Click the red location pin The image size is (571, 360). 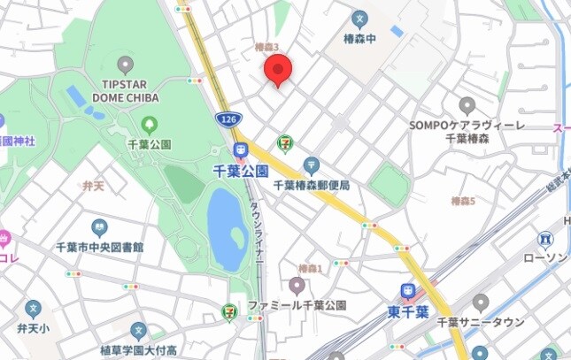[x=279, y=69]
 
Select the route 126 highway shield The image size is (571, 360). [x=226, y=119]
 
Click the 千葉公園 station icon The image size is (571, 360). [x=240, y=150]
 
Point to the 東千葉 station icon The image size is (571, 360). [x=408, y=290]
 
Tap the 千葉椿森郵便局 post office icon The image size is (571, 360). [x=311, y=165]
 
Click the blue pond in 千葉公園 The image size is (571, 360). [x=227, y=229]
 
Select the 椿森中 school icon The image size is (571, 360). [x=359, y=18]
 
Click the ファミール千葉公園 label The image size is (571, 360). [x=297, y=305]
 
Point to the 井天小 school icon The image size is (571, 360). [x=34, y=310]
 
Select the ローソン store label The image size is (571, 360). [x=544, y=257]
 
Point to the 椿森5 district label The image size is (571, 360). [x=462, y=202]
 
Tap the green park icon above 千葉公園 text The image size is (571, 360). [x=149, y=126]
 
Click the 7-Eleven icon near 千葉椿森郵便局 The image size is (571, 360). [x=284, y=142]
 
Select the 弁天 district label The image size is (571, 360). [x=93, y=186]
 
